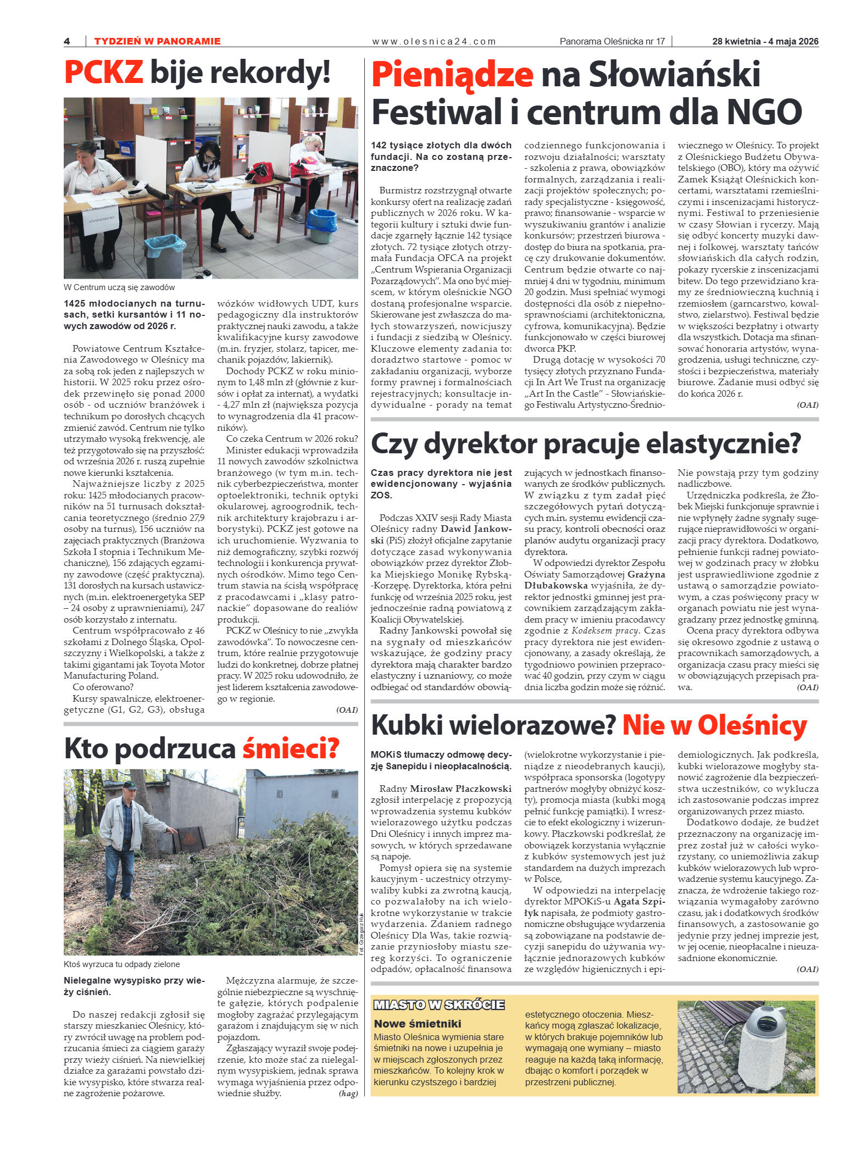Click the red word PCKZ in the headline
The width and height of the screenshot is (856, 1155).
tap(103, 73)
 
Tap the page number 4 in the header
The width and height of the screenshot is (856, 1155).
tap(67, 41)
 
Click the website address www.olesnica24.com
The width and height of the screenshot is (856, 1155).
tap(433, 41)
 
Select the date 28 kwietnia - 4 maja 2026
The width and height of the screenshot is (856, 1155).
tap(765, 41)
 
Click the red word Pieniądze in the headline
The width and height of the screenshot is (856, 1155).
tap(452, 75)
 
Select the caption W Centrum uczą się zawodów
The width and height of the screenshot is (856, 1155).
tap(119, 287)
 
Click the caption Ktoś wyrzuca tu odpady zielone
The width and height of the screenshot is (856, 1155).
tap(121, 964)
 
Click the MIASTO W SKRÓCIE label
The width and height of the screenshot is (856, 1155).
tap(438, 1005)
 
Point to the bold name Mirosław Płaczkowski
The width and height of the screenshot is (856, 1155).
tap(460, 788)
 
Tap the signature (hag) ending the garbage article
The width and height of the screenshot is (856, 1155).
tap(348, 1093)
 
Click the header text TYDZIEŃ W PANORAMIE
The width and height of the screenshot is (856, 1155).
tap(157, 41)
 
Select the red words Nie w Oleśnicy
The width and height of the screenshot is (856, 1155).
tap(714, 725)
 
